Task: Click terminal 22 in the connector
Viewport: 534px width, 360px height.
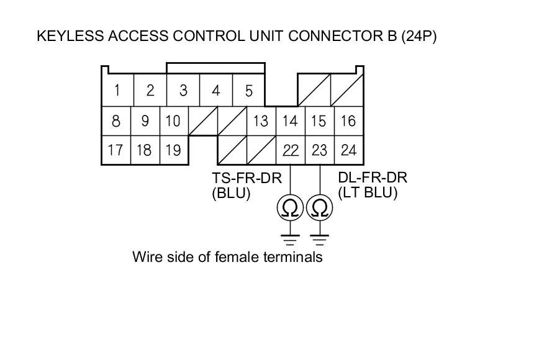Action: click(290, 150)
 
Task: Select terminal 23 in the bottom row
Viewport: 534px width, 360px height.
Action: click(319, 150)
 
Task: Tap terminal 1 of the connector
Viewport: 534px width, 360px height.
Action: click(117, 91)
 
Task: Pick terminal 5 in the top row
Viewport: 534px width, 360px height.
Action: click(248, 91)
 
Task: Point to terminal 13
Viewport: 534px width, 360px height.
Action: click(261, 120)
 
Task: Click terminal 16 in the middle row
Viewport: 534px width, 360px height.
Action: click(348, 120)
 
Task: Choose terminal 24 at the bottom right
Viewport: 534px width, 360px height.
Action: click(348, 150)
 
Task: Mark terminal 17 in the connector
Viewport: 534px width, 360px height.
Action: click(115, 150)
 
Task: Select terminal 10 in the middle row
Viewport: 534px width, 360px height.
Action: click(173, 120)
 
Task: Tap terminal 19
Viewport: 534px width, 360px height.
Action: click(173, 150)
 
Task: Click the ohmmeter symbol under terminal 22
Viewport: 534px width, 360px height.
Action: click(290, 209)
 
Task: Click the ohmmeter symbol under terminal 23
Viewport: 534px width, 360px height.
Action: click(319, 209)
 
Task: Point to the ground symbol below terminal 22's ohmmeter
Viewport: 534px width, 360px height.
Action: click(290, 238)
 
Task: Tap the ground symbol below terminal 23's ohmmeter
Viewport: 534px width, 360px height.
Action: click(319, 238)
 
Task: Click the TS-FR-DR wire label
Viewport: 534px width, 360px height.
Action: click(247, 179)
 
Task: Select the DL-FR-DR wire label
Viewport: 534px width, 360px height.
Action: click(372, 179)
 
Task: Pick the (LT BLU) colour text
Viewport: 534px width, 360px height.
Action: click(368, 193)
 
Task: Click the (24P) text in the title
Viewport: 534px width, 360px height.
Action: click(419, 36)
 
